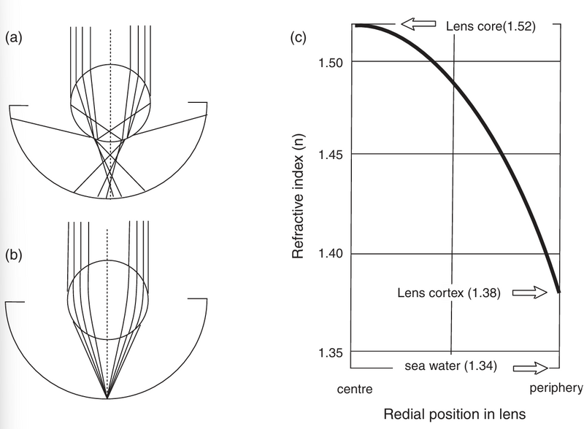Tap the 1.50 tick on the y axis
tap(331, 62)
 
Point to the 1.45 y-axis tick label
tap(331, 155)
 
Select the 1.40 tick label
tap(331, 254)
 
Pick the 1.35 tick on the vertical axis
tap(331, 352)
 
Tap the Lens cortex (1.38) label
tap(449, 293)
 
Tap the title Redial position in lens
tap(453, 414)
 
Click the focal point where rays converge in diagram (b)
tap(107, 398)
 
